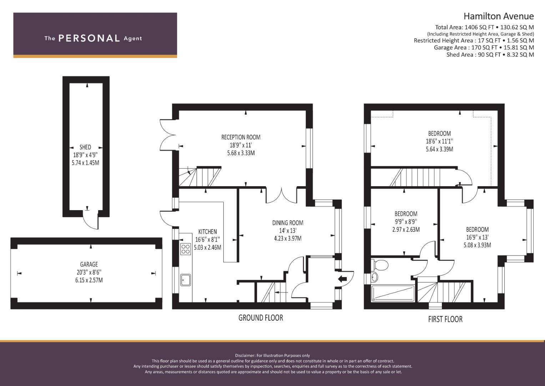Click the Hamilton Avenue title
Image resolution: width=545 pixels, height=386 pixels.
pos(499,16)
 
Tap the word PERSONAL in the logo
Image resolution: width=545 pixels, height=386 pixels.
pos(89,38)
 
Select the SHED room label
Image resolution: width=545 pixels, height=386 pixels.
pos(85,147)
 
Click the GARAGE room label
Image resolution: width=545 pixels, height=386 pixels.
pos(89,264)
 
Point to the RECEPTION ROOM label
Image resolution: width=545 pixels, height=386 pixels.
pos(241,137)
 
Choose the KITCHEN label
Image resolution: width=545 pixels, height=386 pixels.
pos(207,232)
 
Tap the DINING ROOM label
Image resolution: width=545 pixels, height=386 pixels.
pos(288,223)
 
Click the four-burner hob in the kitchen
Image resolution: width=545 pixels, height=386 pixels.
pos(186,249)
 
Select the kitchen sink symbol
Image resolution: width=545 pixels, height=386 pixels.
pos(186,280)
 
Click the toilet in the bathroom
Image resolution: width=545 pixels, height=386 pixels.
pos(380,265)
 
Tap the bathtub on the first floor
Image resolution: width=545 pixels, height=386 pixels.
pos(393,293)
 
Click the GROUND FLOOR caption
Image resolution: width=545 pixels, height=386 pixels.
pos(261,318)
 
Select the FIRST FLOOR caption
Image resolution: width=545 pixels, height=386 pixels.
pos(445,319)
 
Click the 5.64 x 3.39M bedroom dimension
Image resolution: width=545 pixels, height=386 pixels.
pos(439,149)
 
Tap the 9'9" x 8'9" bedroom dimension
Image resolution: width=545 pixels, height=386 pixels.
pos(406,222)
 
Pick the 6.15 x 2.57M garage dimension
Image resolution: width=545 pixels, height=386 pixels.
pos(89,280)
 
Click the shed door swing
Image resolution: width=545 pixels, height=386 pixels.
pos(91,220)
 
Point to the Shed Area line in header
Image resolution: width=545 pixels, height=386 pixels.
pos(490,55)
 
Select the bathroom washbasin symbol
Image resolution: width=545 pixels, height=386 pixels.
pos(375,277)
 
